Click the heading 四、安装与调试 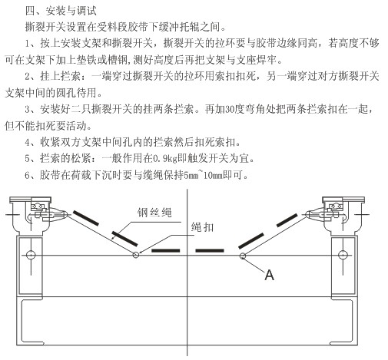pyautogui.click(x=61, y=11)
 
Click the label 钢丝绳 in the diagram pyautogui.click(x=154, y=213)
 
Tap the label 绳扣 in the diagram pyautogui.click(x=202, y=227)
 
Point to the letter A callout pyautogui.click(x=269, y=276)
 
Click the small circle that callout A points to pyautogui.click(x=242, y=256)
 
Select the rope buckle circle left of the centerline pyautogui.click(x=136, y=255)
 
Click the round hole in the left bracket pyautogui.click(x=31, y=255)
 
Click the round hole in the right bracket pyautogui.click(x=343, y=255)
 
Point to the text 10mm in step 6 pyautogui.click(x=213, y=175)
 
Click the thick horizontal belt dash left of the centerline pyautogui.click(x=166, y=250)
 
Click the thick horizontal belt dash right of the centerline pyautogui.click(x=210, y=250)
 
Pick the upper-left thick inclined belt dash pyautogui.click(x=86, y=218)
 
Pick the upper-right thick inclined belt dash pyautogui.click(x=287, y=220)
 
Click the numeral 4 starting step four pyautogui.click(x=28, y=142)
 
